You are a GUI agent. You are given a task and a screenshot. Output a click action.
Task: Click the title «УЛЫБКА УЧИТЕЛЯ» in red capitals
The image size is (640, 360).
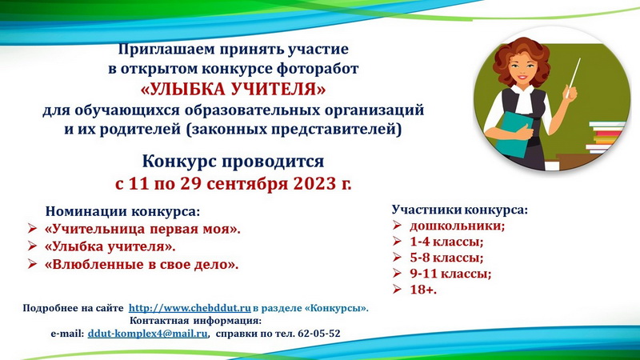point(233,90)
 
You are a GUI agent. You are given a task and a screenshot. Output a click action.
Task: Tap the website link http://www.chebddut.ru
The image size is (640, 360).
point(190,308)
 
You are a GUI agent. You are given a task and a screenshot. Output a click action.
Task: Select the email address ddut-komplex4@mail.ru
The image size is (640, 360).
point(148,334)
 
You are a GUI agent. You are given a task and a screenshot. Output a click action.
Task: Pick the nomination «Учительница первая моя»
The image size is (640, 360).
point(142,229)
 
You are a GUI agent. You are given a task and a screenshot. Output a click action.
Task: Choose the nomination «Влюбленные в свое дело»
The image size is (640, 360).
point(142,265)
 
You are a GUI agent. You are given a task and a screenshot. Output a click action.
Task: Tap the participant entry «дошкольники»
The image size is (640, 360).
point(457,226)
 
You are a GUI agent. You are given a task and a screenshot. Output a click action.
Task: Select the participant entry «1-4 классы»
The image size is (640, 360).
point(446,242)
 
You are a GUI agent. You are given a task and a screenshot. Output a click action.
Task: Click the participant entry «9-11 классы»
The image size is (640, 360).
point(450,274)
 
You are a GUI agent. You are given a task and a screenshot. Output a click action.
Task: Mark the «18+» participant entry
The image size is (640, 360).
point(423,290)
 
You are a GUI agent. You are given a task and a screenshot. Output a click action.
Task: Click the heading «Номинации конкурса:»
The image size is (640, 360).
point(123,211)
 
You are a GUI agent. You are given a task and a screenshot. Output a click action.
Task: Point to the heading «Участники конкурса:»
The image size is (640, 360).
point(459,210)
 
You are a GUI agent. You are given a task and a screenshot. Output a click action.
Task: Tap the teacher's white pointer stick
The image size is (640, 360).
point(573,78)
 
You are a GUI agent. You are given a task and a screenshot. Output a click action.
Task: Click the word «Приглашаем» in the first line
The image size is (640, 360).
point(166,50)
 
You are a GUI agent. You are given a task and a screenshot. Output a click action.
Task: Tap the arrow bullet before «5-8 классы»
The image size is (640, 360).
point(397,257)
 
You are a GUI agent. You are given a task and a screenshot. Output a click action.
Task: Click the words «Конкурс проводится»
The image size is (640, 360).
point(233,162)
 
